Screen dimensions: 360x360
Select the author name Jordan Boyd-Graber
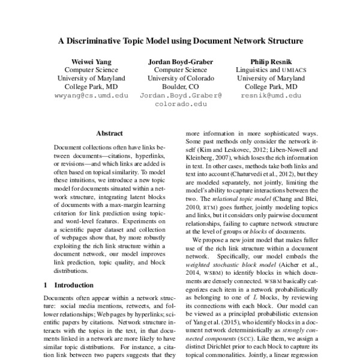[x=181, y=61]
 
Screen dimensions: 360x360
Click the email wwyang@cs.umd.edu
[x=91, y=95]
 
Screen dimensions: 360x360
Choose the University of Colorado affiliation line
[x=181, y=78]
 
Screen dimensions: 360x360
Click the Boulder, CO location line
[x=181, y=86]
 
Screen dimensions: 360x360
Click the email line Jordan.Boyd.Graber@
[x=181, y=95]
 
